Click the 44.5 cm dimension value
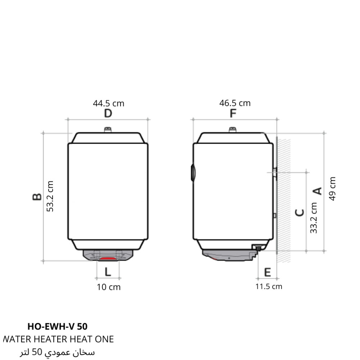(x=109, y=103)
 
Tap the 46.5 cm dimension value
(x=235, y=103)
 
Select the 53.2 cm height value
(x=50, y=196)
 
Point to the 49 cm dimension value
(x=332, y=189)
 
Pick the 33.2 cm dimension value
(x=314, y=218)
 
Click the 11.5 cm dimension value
(x=269, y=287)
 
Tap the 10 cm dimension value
(x=109, y=287)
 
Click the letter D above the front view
(x=108, y=113)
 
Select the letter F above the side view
(x=233, y=113)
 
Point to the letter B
(x=37, y=197)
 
